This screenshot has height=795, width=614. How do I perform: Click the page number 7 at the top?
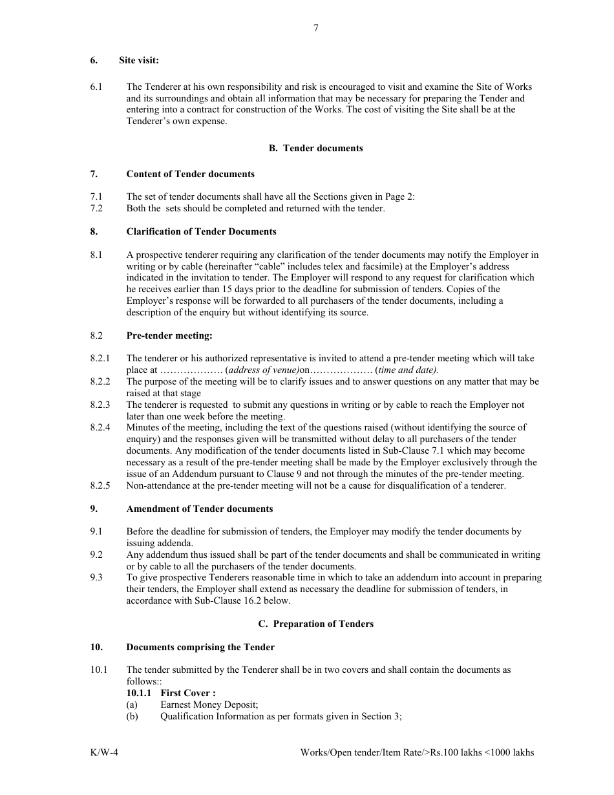315,28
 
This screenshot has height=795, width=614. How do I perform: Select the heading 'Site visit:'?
138,60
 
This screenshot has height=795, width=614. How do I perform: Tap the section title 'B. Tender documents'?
315,148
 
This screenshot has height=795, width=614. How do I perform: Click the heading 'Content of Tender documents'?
190,174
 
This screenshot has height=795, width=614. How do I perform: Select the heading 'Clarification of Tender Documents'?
201,231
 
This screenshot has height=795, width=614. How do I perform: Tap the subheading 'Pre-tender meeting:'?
169,335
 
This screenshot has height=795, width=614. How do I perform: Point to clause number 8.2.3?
100,405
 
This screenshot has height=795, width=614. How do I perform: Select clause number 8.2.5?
100,485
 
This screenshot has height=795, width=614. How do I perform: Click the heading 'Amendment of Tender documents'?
199,509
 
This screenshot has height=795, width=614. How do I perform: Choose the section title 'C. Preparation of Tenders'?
315,624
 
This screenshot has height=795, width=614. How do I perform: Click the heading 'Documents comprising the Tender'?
200,647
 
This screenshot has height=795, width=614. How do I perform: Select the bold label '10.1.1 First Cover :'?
171,693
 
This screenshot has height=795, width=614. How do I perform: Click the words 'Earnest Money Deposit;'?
209,705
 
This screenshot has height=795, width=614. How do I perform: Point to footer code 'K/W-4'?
104,752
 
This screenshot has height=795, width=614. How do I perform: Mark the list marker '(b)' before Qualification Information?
132,716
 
